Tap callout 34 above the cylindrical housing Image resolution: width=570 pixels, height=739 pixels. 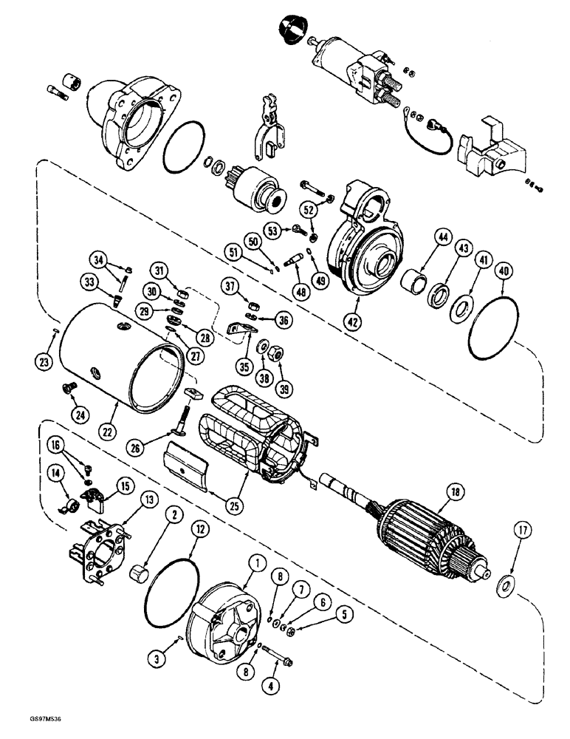(98, 259)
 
